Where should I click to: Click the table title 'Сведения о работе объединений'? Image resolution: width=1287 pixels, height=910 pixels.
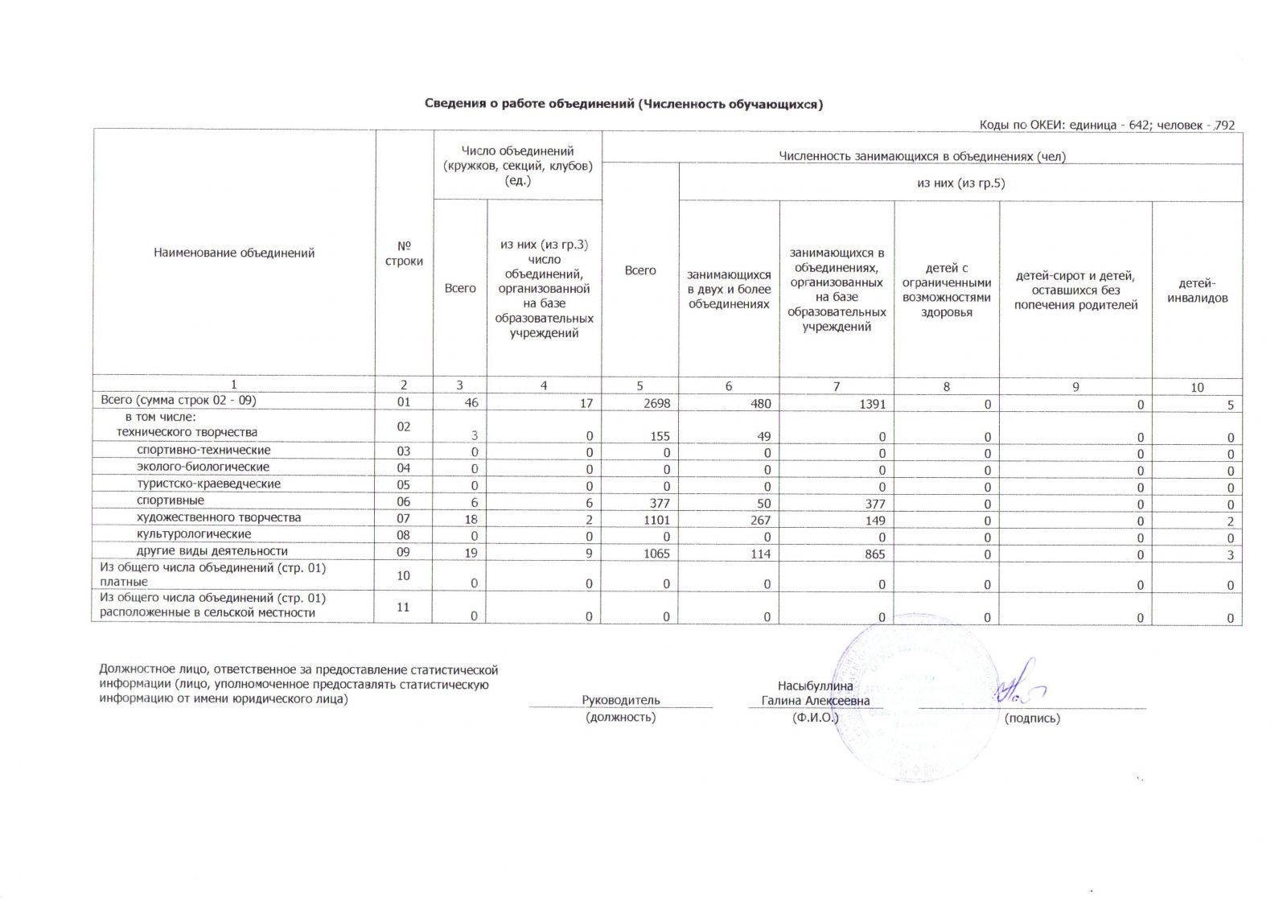(x=623, y=104)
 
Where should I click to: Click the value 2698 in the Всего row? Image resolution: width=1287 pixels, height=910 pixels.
(x=656, y=404)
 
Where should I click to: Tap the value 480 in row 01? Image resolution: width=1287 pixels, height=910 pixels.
(x=760, y=404)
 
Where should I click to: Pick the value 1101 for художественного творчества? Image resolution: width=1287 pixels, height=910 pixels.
(x=656, y=521)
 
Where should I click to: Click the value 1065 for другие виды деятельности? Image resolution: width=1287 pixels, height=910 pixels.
(x=656, y=554)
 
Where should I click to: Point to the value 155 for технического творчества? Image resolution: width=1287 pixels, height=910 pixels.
(x=660, y=436)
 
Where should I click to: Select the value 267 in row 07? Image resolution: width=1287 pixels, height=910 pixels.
(x=760, y=521)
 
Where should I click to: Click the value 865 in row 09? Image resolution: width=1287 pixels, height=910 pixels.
(x=874, y=554)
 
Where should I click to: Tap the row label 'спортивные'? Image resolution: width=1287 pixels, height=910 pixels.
(x=170, y=500)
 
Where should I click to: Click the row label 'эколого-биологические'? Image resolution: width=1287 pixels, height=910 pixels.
(x=203, y=467)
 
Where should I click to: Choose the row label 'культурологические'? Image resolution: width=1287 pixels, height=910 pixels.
(x=193, y=534)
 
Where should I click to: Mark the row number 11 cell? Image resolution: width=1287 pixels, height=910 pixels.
(x=403, y=607)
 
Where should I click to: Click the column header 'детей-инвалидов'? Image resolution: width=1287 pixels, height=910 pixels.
(x=1197, y=290)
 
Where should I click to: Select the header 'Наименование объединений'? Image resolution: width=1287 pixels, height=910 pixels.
(x=234, y=253)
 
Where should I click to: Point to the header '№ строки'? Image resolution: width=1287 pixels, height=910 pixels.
(x=404, y=253)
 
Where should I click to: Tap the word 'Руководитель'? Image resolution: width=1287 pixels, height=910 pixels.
(x=621, y=700)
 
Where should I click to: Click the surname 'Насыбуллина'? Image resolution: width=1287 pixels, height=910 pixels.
(x=815, y=686)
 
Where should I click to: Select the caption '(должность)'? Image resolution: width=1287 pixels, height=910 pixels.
(x=621, y=717)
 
